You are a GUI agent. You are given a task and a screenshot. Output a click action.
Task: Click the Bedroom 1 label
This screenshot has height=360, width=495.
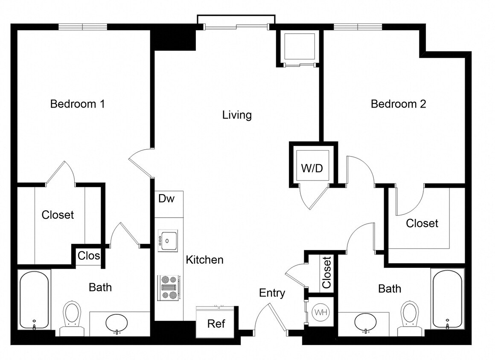click(77, 104)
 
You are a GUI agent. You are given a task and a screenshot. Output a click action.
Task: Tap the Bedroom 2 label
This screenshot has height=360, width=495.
click(398, 104)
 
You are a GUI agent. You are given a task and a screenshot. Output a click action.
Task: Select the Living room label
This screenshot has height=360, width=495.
click(237, 115)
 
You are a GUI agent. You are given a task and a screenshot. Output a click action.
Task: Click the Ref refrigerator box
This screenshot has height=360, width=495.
click(216, 323)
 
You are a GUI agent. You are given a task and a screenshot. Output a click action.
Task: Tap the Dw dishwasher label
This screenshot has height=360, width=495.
click(166, 198)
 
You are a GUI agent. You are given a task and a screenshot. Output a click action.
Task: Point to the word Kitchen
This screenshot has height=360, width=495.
click(204, 260)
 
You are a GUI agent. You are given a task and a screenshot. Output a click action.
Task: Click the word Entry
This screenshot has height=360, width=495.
click(272, 293)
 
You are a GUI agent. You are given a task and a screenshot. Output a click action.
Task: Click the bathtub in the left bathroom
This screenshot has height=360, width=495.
click(34, 300)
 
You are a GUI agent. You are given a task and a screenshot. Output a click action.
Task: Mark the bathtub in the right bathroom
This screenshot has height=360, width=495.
click(447, 299)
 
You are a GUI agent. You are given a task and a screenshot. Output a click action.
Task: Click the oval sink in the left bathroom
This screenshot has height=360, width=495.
click(116, 323)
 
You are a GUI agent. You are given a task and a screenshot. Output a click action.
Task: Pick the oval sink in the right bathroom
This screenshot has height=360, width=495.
click(366, 322)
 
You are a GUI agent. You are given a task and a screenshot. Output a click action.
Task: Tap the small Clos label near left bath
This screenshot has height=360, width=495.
click(89, 255)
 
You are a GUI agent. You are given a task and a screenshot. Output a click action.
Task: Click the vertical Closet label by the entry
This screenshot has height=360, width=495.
click(326, 273)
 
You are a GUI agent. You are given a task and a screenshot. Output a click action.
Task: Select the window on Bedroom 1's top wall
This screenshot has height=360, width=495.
click(82, 27)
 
